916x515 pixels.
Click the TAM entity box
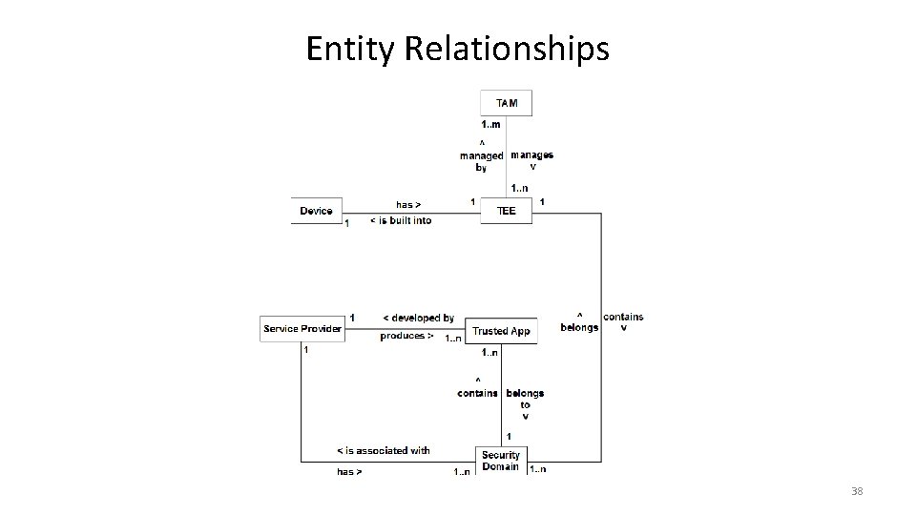(507, 102)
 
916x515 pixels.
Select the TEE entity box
(506, 211)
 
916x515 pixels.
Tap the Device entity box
(317, 211)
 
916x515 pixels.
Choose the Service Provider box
(302, 329)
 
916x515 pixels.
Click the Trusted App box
(502, 331)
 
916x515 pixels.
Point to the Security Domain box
(501, 461)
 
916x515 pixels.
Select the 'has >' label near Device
(408, 204)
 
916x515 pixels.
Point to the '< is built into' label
(401, 220)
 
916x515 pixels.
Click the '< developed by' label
(418, 318)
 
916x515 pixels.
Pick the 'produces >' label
(407, 336)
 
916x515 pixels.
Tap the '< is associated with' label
(384, 450)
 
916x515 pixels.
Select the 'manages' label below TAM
(531, 154)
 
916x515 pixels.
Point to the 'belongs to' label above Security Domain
(525, 398)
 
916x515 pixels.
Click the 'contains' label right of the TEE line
(623, 318)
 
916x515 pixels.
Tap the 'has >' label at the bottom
(349, 471)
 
